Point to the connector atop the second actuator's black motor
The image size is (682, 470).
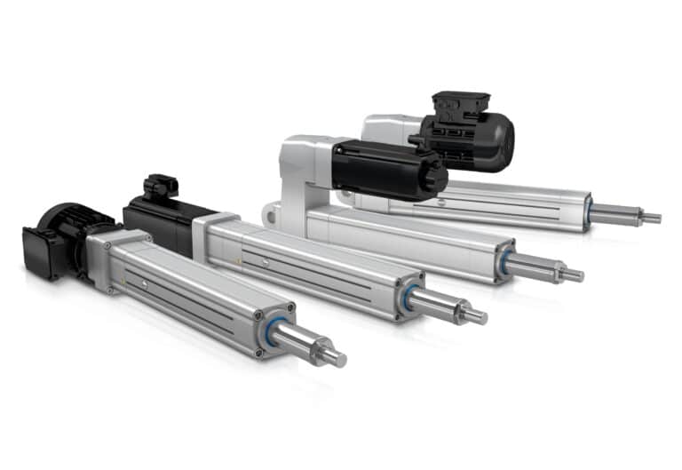161,186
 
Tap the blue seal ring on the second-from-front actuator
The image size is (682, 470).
408,297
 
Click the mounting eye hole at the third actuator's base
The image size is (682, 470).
269,213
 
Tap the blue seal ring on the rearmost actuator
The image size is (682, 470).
587,210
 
